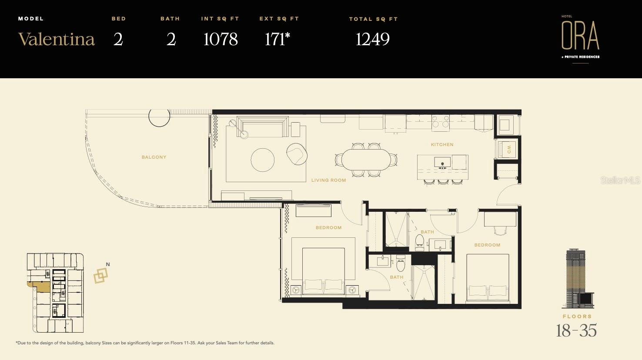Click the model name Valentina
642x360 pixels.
(57, 39)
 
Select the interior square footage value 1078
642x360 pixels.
(221, 39)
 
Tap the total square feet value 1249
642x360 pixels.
(373, 39)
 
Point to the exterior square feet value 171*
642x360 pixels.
(277, 39)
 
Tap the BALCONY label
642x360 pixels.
(154, 157)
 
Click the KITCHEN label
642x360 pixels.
(442, 145)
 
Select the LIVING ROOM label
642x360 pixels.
(329, 180)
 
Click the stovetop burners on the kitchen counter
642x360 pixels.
(441, 121)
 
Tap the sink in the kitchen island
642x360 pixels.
(442, 162)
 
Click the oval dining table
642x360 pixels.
(366, 160)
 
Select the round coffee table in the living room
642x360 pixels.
(263, 160)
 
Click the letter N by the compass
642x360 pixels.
(108, 264)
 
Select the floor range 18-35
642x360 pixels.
(576, 330)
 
